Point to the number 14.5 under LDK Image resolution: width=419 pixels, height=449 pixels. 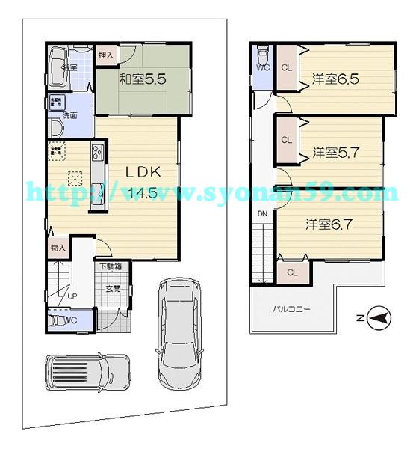point(142,192)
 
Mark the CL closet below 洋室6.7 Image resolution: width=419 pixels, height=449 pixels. point(292,272)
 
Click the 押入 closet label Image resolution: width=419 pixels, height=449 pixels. point(106,54)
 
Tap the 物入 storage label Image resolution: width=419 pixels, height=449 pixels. point(58,248)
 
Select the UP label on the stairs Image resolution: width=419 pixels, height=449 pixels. point(72,296)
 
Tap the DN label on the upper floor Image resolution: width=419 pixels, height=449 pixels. point(263,214)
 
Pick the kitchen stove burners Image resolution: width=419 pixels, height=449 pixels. point(98,155)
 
